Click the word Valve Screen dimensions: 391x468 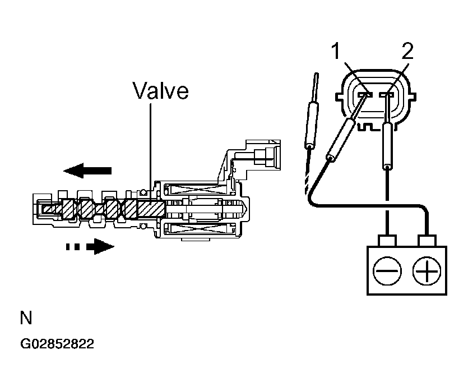161,90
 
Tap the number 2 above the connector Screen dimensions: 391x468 408,52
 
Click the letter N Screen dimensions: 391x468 26,319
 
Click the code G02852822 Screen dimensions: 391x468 57,344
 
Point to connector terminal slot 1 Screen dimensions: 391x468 364,95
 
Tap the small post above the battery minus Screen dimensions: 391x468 387,241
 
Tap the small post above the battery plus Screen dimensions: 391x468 428,241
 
